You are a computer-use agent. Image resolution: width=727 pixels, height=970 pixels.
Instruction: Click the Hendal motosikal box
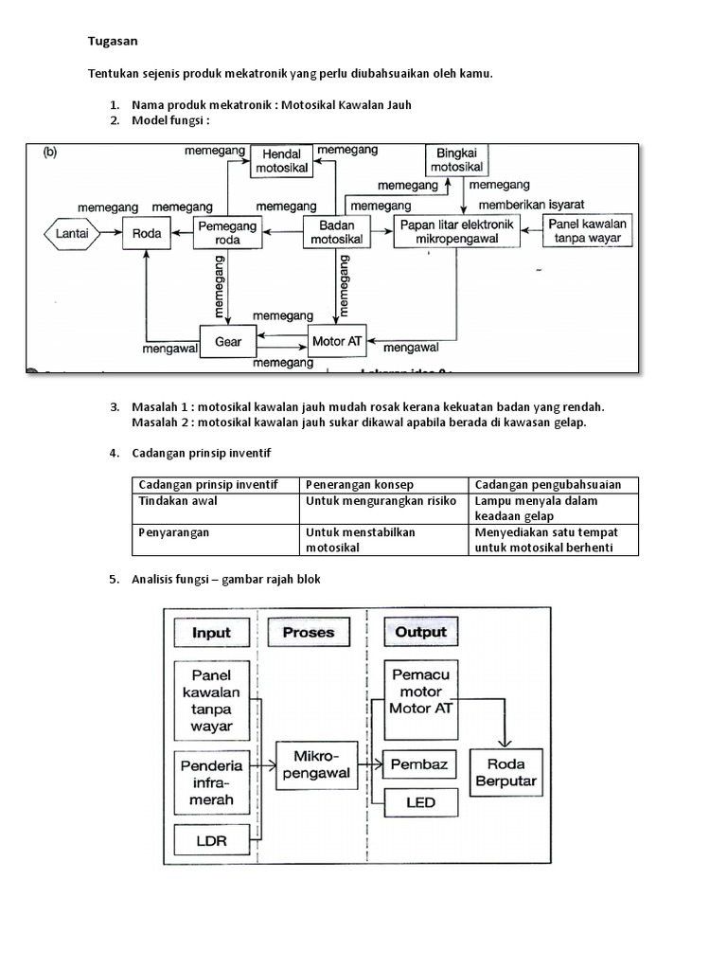point(282,161)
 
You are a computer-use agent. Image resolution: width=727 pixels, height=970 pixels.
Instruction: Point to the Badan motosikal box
point(332,232)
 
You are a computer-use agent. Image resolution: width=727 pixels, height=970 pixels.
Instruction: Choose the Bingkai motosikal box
point(456,160)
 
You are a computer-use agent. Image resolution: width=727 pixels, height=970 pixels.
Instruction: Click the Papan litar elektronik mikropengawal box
point(456,232)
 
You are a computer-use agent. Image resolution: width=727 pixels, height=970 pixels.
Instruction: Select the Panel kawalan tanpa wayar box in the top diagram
point(589,231)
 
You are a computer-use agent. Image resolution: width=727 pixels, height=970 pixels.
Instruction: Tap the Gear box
point(228,341)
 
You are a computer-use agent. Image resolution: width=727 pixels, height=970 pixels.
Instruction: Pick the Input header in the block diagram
point(211,633)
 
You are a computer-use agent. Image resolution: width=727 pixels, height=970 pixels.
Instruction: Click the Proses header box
point(308,633)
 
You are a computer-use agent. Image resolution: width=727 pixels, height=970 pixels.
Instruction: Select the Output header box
point(420,633)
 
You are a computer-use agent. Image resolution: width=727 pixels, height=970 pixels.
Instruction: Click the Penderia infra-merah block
point(211,783)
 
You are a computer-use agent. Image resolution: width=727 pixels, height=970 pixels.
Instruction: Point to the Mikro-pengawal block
point(315,765)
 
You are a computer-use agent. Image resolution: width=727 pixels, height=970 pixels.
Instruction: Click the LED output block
point(420,802)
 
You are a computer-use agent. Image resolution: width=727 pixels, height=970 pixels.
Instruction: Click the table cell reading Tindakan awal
point(216,501)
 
